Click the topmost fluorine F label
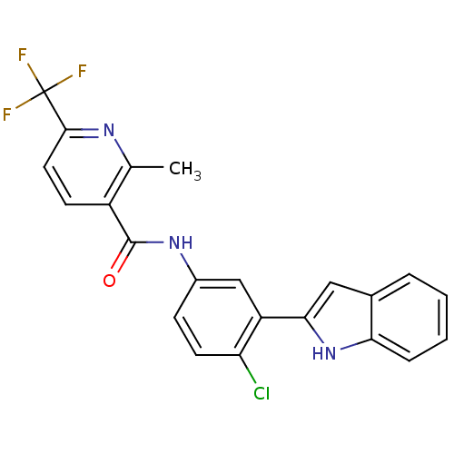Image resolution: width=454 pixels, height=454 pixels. pyautogui.click(x=23, y=56)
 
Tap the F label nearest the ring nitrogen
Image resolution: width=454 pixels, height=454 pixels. pyautogui.click(x=82, y=71)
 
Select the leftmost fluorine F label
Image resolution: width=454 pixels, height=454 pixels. pyautogui.click(x=7, y=115)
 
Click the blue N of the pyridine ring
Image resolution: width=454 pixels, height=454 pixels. pyautogui.click(x=109, y=131)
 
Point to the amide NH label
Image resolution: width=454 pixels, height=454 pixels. pyautogui.click(x=181, y=242)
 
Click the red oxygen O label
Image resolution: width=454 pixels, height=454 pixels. pyautogui.click(x=110, y=281)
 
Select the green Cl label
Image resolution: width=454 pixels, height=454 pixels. pyautogui.click(x=262, y=393)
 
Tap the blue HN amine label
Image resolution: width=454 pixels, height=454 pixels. pyautogui.click(x=324, y=354)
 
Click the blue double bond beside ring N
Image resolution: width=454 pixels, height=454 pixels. pyautogui.click(x=90, y=133)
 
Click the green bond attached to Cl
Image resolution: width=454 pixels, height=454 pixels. pyautogui.click(x=252, y=375)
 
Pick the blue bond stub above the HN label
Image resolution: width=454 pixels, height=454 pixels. pyautogui.click(x=319, y=337)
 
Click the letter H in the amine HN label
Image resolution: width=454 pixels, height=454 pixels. pyautogui.click(x=318, y=354)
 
